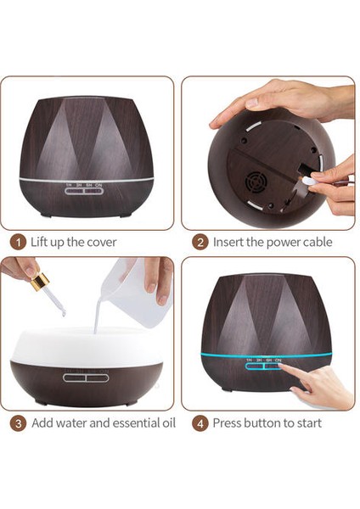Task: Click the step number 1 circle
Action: tap(18, 243)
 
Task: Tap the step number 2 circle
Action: tap(200, 243)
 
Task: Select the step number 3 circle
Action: tap(18, 423)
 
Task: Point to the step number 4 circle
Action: tap(200, 423)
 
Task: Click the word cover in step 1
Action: tap(101, 243)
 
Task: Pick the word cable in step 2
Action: tap(318, 242)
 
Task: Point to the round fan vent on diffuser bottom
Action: tap(255, 182)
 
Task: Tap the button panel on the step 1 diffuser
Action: tap(84, 191)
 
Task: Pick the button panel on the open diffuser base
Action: tap(86, 378)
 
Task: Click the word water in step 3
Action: tap(70, 423)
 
